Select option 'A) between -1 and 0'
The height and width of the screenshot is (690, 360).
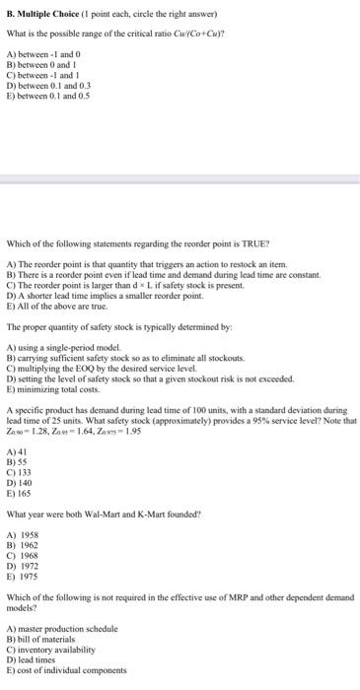coord(39,52)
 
